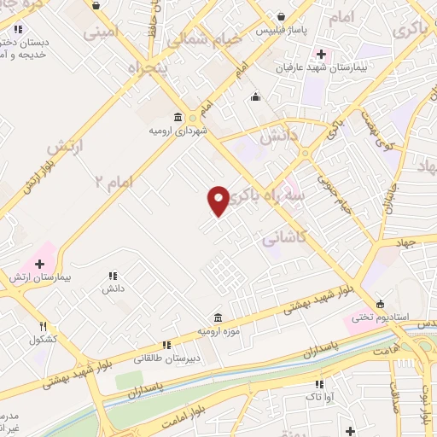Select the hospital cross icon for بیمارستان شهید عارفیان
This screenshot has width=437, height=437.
click(x=319, y=54)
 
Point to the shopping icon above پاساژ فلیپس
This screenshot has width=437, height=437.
click(x=282, y=15)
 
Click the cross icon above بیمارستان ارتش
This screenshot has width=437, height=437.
click(x=39, y=264)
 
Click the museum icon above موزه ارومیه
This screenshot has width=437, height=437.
click(x=219, y=317)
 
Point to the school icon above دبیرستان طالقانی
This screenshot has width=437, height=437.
click(x=167, y=345)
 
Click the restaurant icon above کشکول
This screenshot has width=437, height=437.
click(x=43, y=326)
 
